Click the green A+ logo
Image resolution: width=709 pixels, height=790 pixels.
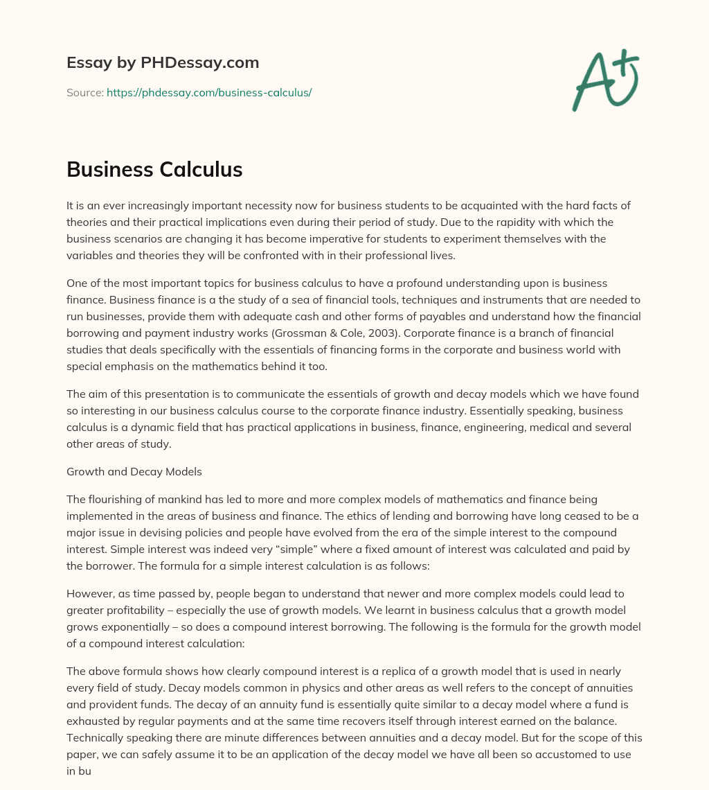point(605,80)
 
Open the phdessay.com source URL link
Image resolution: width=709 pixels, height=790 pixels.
point(209,92)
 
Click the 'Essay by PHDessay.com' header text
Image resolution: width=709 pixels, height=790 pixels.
point(163,63)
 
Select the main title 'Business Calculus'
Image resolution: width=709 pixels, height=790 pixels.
point(154,169)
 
